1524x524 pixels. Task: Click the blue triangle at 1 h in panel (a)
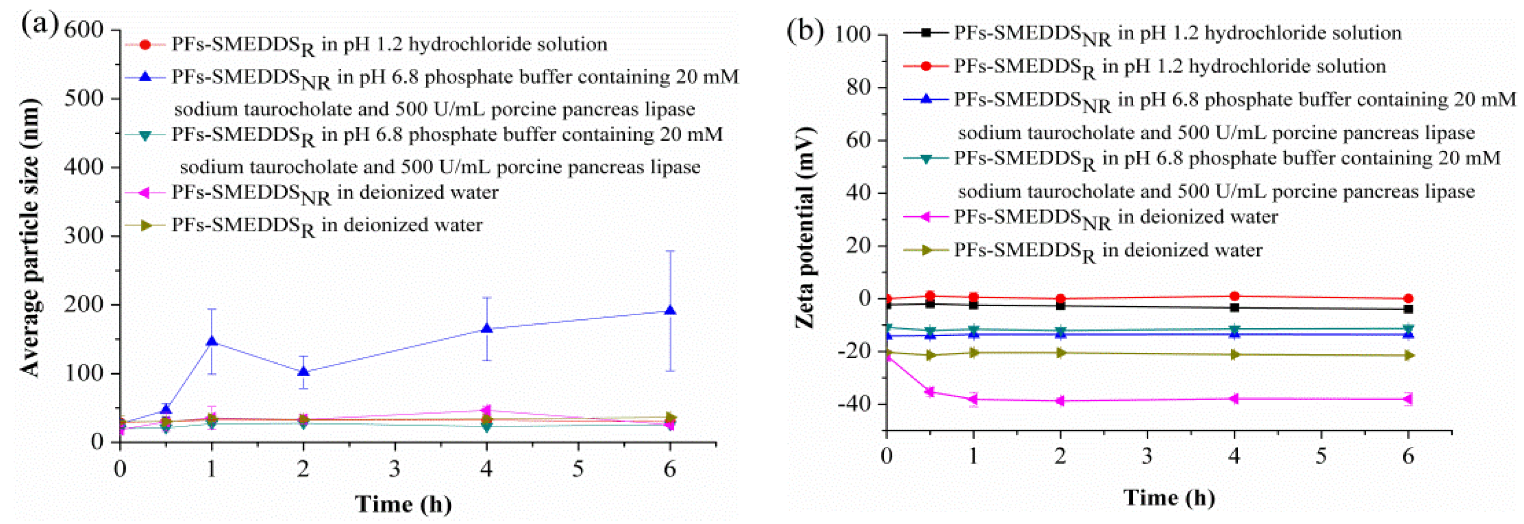tap(211, 342)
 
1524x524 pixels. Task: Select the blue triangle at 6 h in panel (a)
tap(670, 311)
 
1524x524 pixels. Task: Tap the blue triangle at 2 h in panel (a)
tap(304, 372)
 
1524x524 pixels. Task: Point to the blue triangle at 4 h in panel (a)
tap(486, 329)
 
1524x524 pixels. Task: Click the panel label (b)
tap(805, 30)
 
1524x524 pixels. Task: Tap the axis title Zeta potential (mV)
tap(805, 227)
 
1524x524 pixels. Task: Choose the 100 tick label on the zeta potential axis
tap(852, 35)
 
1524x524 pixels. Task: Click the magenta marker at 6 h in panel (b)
tap(1408, 399)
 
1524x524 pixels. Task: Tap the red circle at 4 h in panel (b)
tap(1234, 297)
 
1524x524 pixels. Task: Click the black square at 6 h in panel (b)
tap(1408, 309)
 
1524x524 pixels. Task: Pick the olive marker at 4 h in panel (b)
tap(1234, 355)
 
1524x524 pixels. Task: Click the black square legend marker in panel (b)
tap(926, 33)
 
